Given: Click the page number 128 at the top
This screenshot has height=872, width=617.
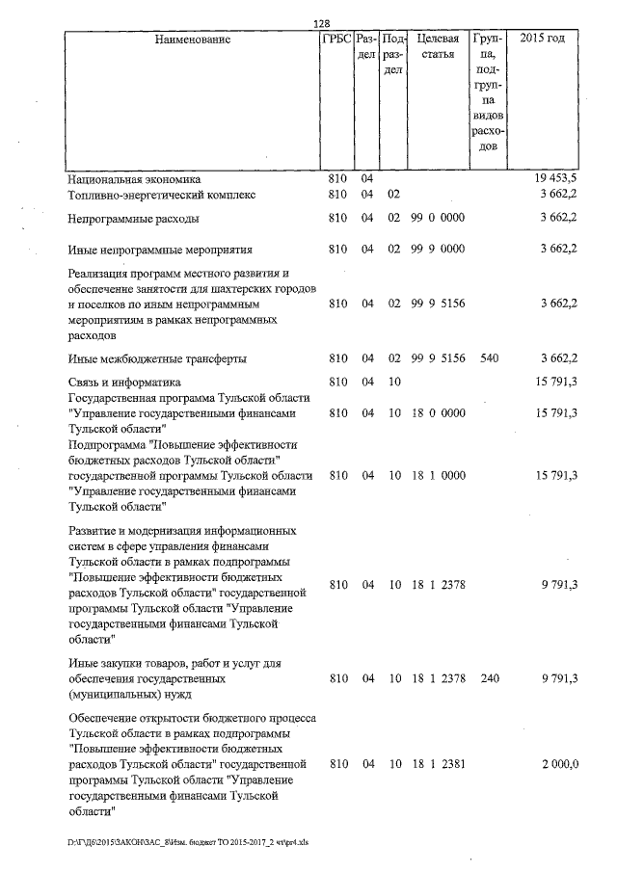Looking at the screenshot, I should point(322,23).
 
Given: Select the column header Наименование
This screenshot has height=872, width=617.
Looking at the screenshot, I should point(193,40).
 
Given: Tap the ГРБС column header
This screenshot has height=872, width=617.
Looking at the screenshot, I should point(335,40).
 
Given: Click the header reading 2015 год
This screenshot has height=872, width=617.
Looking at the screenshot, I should point(542,40).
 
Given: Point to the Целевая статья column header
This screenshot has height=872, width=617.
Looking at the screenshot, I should point(438,47).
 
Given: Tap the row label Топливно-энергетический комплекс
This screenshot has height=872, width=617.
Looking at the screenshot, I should point(162,195).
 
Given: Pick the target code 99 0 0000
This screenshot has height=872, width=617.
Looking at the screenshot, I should point(438,219).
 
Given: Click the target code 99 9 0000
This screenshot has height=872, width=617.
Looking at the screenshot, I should point(438,250).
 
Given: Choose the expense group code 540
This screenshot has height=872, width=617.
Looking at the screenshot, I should point(489,358).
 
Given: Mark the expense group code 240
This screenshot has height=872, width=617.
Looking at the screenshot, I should point(489,678).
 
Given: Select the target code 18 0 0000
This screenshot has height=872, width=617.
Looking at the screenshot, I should point(438,413).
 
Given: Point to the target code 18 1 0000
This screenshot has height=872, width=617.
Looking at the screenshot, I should point(438,475).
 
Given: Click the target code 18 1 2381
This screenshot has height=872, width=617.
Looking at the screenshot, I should point(438,764).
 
